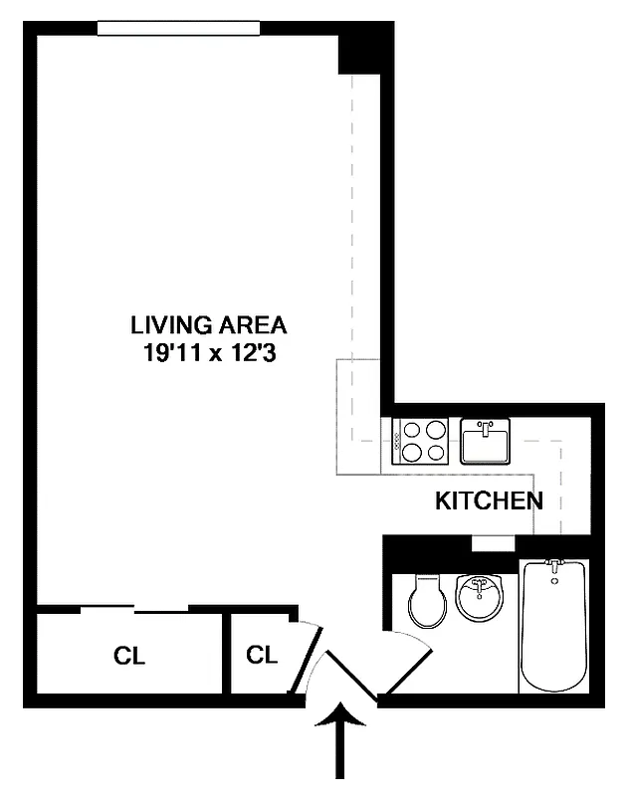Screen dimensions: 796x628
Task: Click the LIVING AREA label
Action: click(x=209, y=324)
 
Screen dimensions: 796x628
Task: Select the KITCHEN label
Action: click(x=489, y=501)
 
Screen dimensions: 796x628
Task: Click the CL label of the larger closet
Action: click(x=129, y=656)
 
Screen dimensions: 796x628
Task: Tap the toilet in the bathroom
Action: click(x=429, y=600)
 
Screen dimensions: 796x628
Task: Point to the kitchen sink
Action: click(x=485, y=441)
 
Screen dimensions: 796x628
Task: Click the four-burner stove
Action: click(x=423, y=442)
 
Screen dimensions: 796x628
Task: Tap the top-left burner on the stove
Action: click(x=413, y=432)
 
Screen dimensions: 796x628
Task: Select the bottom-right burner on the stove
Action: click(x=435, y=453)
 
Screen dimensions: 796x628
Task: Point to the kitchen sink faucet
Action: click(x=486, y=428)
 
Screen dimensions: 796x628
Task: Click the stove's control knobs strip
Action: click(x=398, y=442)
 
